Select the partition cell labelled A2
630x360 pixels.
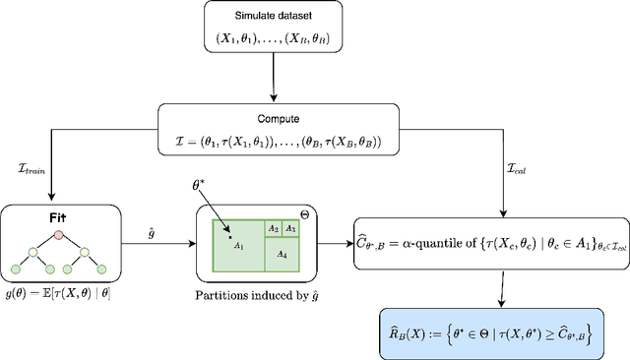click(275, 229)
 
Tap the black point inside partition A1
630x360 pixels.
click(229, 236)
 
